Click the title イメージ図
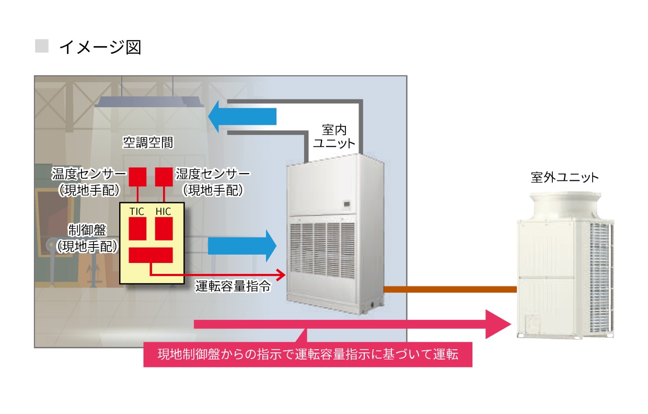pos(100,48)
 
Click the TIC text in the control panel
pos(137,211)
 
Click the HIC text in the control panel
pos(163,211)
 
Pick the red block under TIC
pos(137,228)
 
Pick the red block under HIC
pos(164,228)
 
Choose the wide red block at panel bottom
pos(151,255)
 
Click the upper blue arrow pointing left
pos(241,116)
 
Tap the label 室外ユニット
pos(564,178)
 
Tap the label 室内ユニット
pos(334,136)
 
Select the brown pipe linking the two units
pos(449,289)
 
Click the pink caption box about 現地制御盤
pos(308,355)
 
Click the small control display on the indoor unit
pos(347,203)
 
